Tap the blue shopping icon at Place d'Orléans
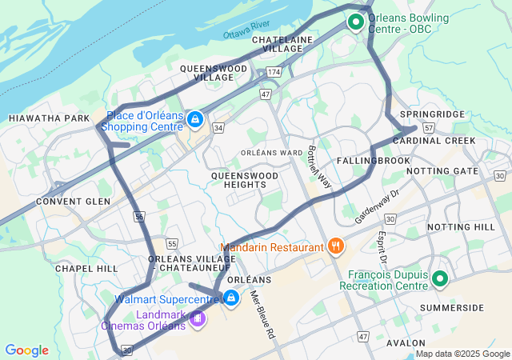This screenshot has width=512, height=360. pyautogui.click(x=194, y=120)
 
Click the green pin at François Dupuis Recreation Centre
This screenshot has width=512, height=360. pyautogui.click(x=439, y=279)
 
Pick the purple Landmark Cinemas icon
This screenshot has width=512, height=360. pyautogui.click(x=197, y=318)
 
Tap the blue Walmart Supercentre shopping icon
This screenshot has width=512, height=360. pyautogui.click(x=230, y=298)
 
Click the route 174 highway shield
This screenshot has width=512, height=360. pyautogui.click(x=274, y=72)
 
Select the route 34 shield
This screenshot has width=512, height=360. pyautogui.click(x=218, y=127)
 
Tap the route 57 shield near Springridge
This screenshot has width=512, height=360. pyautogui.click(x=429, y=127)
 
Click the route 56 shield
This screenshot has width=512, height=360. pyautogui.click(x=139, y=216)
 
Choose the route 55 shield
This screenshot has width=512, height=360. pyautogui.click(x=171, y=243)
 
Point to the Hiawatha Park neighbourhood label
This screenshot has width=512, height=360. pyautogui.click(x=50, y=118)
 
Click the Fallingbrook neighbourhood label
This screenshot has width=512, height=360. pyautogui.click(x=373, y=161)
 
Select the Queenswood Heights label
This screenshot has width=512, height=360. pyautogui.click(x=245, y=179)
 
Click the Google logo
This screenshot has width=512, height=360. pyautogui.click(x=27, y=350)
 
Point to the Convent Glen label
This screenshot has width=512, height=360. pyautogui.click(x=73, y=202)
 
